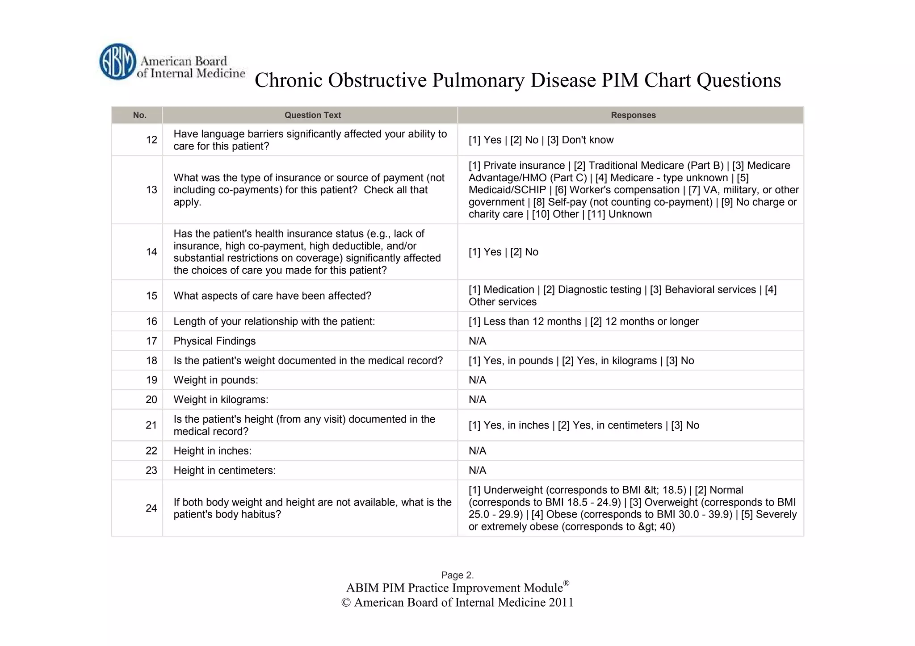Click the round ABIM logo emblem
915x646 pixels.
(118, 62)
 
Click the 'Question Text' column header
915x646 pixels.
(312, 115)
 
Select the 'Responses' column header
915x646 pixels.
(633, 115)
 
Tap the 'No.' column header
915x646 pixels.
(139, 115)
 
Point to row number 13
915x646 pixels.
(151, 190)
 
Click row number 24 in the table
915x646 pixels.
(151, 508)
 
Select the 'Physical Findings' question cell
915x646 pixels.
(214, 341)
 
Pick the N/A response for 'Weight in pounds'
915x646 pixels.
(477, 380)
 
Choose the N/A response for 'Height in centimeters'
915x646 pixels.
(477, 470)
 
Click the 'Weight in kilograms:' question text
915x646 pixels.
(221, 400)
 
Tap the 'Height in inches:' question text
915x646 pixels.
(212, 451)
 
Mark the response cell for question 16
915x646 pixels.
(583, 321)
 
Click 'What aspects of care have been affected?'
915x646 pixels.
(272, 296)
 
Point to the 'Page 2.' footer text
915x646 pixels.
(457, 575)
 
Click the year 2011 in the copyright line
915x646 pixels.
(561, 603)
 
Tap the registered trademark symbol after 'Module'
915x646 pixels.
(566, 583)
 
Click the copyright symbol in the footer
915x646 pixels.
(346, 603)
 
